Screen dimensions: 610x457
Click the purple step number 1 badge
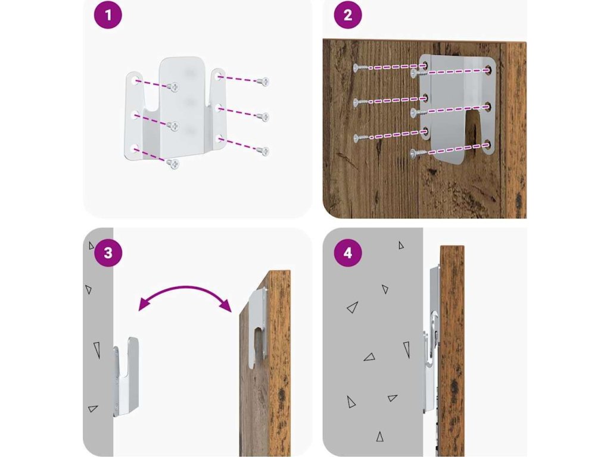point(108,15)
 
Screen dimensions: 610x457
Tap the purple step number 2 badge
point(348,15)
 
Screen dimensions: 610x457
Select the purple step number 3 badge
point(108,253)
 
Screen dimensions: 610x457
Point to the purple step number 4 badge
point(348,253)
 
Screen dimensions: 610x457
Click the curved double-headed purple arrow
point(185,289)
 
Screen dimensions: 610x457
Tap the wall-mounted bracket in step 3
point(126,376)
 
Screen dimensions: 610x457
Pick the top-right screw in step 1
point(263,82)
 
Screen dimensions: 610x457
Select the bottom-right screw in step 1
point(263,151)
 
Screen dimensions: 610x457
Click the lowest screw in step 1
point(172,164)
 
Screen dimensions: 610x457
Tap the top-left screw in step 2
point(360,68)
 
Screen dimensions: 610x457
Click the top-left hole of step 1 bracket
point(135,81)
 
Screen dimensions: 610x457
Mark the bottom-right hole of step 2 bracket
point(487,146)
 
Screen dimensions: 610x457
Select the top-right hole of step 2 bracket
point(488,70)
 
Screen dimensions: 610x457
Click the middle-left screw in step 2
point(360,102)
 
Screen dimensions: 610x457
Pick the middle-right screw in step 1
point(263,116)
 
